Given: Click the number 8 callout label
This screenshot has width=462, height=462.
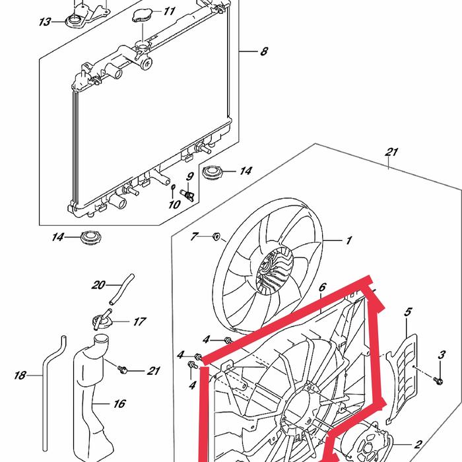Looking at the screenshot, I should pos(264,51).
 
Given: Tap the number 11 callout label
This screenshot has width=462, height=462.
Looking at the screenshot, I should pos(169,11).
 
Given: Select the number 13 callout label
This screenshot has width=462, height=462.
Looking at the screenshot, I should pos(45,22).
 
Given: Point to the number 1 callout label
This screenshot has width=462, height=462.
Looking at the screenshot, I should pos(349,241).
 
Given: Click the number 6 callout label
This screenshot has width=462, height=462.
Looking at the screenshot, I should pos(323,288).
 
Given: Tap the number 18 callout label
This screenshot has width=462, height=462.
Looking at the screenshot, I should pos(20,376).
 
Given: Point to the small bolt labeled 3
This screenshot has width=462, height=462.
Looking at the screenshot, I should pos(438,379).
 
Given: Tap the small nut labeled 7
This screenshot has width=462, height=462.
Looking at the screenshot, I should pos(216,236).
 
